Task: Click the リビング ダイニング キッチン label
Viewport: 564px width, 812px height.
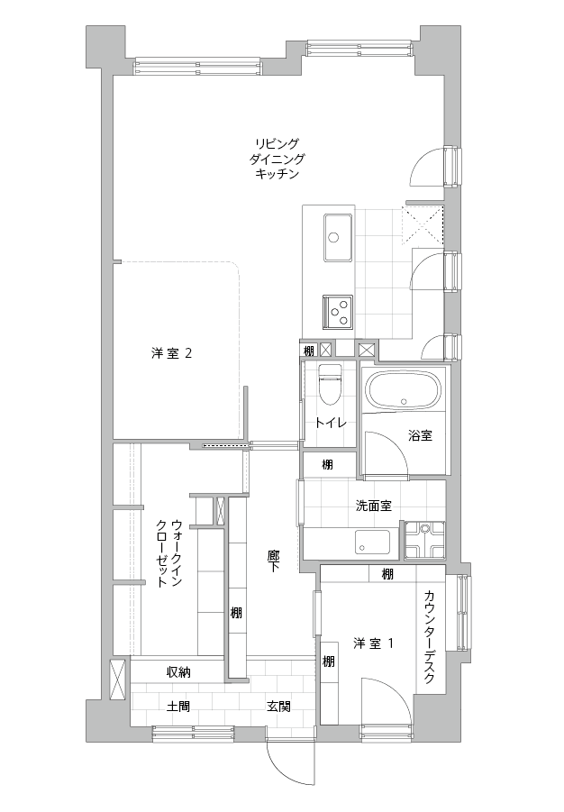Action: (x=277, y=159)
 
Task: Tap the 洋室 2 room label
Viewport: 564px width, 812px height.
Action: (x=172, y=353)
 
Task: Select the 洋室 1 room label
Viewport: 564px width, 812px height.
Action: (x=373, y=643)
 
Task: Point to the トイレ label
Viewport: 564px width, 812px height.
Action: (x=331, y=423)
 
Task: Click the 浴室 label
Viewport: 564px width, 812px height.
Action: (x=420, y=435)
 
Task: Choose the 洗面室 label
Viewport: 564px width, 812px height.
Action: (x=373, y=506)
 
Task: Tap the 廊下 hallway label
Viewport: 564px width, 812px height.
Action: (x=274, y=561)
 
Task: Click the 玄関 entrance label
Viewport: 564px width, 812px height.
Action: (x=278, y=706)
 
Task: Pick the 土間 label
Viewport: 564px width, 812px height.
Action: (x=177, y=706)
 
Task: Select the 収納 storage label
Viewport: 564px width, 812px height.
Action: (x=178, y=672)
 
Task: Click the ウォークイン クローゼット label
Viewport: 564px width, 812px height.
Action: (x=169, y=553)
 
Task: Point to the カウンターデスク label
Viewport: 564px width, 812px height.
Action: (x=429, y=636)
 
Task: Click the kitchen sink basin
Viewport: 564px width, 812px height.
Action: (x=338, y=238)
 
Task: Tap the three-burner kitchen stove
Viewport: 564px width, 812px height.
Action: (x=338, y=312)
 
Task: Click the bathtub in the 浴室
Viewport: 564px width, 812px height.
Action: (x=404, y=391)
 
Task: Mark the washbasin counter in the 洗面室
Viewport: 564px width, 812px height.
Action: (x=372, y=543)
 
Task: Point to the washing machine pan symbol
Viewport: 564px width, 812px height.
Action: (x=424, y=540)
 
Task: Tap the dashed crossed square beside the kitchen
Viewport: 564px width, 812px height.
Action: (x=423, y=225)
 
